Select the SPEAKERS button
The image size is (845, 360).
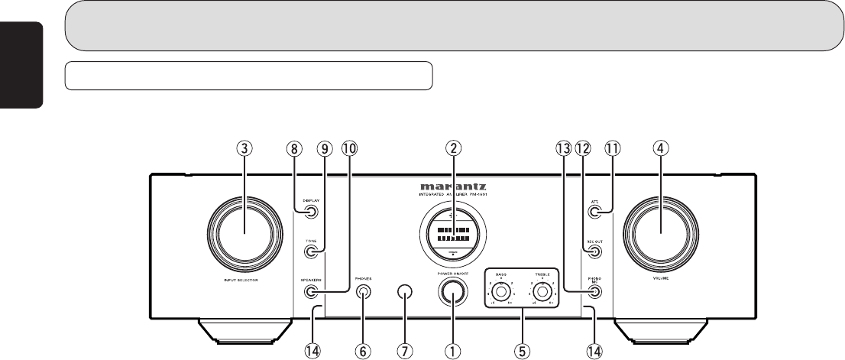[x=310, y=291]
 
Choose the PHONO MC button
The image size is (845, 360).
[x=594, y=291]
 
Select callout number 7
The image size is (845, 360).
[x=405, y=351]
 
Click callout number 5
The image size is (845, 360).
[x=523, y=351]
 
